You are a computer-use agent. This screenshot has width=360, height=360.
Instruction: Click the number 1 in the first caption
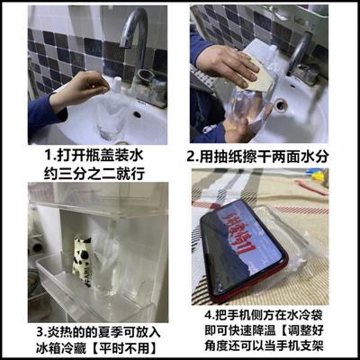(34, 156)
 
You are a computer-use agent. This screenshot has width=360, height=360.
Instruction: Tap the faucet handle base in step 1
(148, 90)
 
